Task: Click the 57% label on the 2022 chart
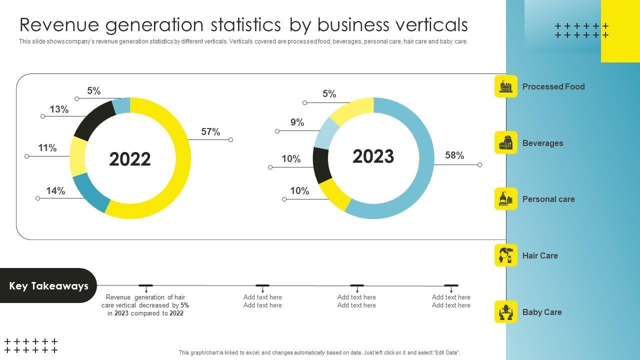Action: [210, 132]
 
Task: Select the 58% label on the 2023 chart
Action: [454, 155]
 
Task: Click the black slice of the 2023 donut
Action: [321, 164]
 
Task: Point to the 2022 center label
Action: [129, 159]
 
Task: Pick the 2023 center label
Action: [373, 156]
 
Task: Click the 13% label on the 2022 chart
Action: [59, 109]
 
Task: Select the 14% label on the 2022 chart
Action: [55, 191]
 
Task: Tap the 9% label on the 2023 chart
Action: [297, 122]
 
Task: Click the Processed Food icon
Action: [506, 86]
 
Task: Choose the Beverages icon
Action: [506, 143]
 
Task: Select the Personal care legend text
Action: [548, 199]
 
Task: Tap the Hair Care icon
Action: [506, 255]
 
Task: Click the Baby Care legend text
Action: [542, 312]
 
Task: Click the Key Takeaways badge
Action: [48, 285]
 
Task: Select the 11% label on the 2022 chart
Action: [47, 148]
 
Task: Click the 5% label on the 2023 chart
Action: [329, 94]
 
